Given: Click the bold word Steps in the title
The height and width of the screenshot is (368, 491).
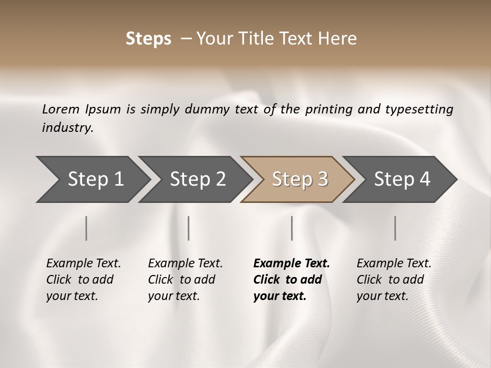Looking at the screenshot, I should (148, 39).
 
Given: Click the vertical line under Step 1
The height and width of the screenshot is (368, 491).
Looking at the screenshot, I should (86, 228).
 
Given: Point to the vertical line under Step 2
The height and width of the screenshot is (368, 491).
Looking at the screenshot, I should (189, 228).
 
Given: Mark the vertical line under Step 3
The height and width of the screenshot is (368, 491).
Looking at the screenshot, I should (292, 228).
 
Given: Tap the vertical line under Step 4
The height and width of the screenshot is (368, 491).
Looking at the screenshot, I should (395, 228).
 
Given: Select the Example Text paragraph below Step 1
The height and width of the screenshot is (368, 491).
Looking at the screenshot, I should (83, 280).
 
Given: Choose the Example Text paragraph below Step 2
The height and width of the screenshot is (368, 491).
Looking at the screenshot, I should (185, 280).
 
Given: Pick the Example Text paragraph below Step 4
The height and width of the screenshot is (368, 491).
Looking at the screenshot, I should (394, 280).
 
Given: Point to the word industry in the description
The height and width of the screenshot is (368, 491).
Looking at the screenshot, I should (68, 128).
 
